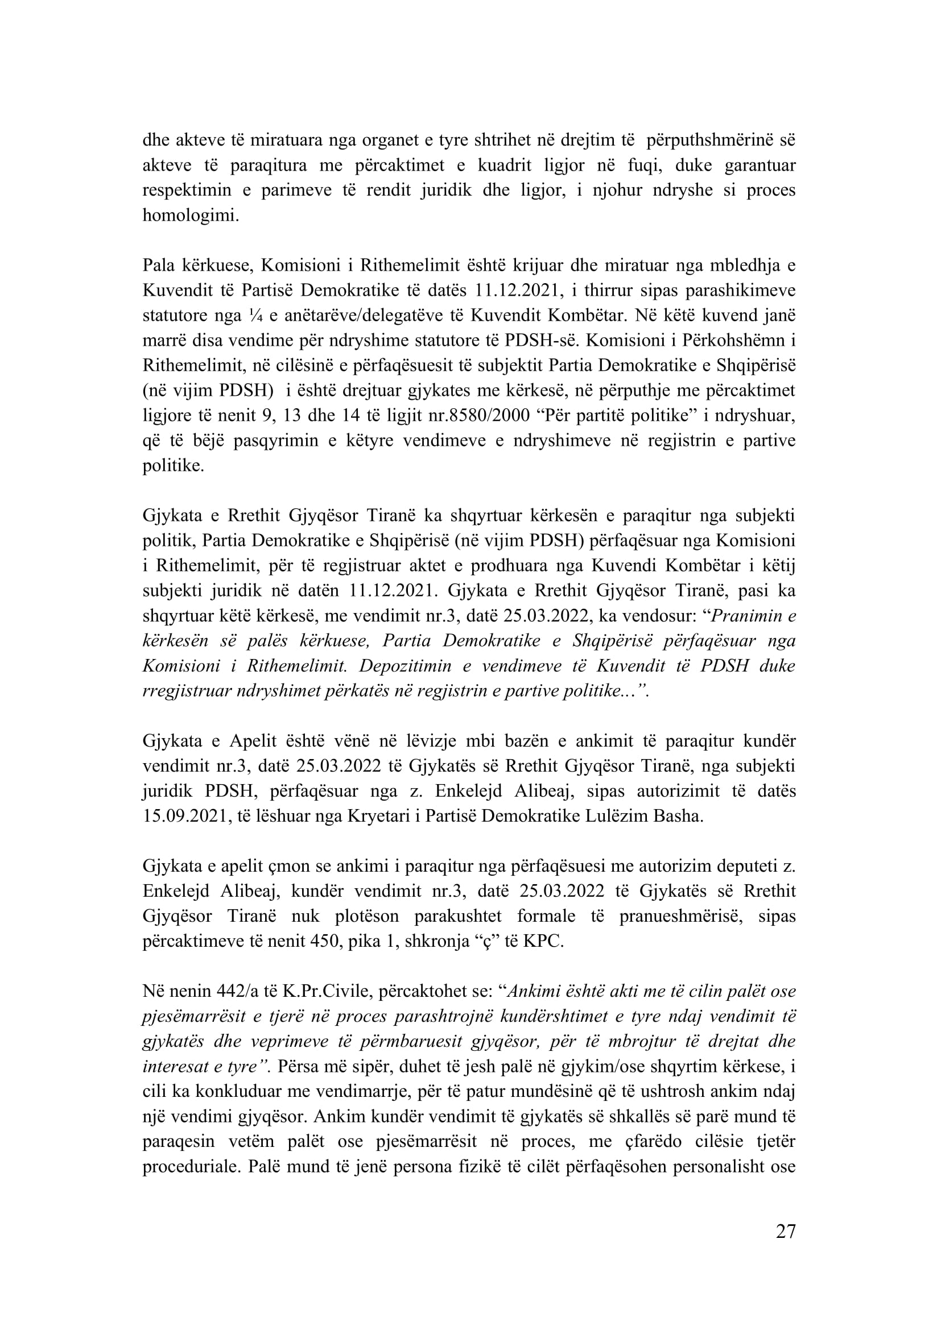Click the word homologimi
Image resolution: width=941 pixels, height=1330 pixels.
pos(190,216)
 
